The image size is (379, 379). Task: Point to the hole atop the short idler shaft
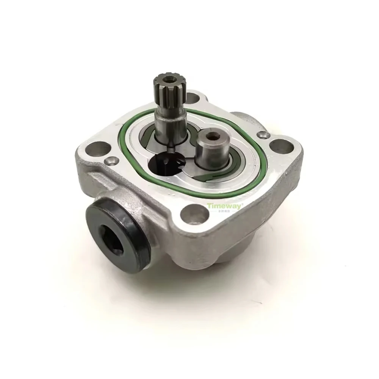coord(207,135)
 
